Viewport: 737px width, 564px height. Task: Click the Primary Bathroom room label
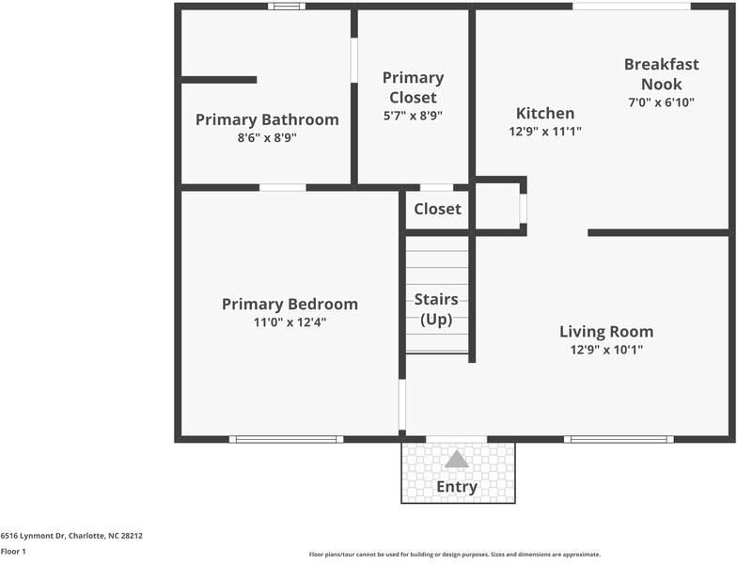pos(267,119)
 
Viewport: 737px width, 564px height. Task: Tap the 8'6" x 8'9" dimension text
pos(267,137)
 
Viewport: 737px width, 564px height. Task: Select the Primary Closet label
pos(413,87)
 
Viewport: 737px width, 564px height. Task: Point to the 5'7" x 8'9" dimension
pos(413,116)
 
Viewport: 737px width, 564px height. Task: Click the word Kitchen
pos(545,114)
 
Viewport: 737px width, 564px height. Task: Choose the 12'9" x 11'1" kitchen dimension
pos(545,132)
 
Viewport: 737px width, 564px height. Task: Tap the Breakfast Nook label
pos(661,74)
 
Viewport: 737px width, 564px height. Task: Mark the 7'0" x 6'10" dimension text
pos(661,102)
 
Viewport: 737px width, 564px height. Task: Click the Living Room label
pos(606,331)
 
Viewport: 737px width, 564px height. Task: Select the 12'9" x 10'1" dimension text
pos(606,350)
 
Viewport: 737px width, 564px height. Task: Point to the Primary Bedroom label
pos(290,304)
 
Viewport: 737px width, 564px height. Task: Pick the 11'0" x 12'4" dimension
pos(290,322)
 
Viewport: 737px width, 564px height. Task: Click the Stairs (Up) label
pos(436,309)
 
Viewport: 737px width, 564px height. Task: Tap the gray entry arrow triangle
pos(457,459)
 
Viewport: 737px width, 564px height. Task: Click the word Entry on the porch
pos(457,487)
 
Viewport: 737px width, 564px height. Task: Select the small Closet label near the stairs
pos(437,209)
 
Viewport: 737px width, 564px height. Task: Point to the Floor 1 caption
pos(13,552)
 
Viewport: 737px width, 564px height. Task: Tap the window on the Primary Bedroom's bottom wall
pos(286,439)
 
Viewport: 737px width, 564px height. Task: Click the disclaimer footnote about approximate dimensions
pos(455,555)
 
